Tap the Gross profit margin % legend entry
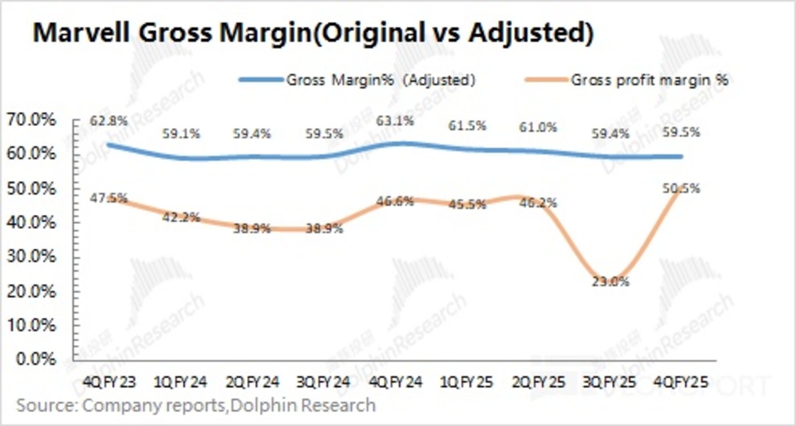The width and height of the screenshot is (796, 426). coord(649,80)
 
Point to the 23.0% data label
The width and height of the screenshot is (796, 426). coord(614,282)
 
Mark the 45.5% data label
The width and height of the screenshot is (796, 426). coord(469,204)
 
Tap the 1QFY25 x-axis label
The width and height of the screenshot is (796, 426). coord(466,382)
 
